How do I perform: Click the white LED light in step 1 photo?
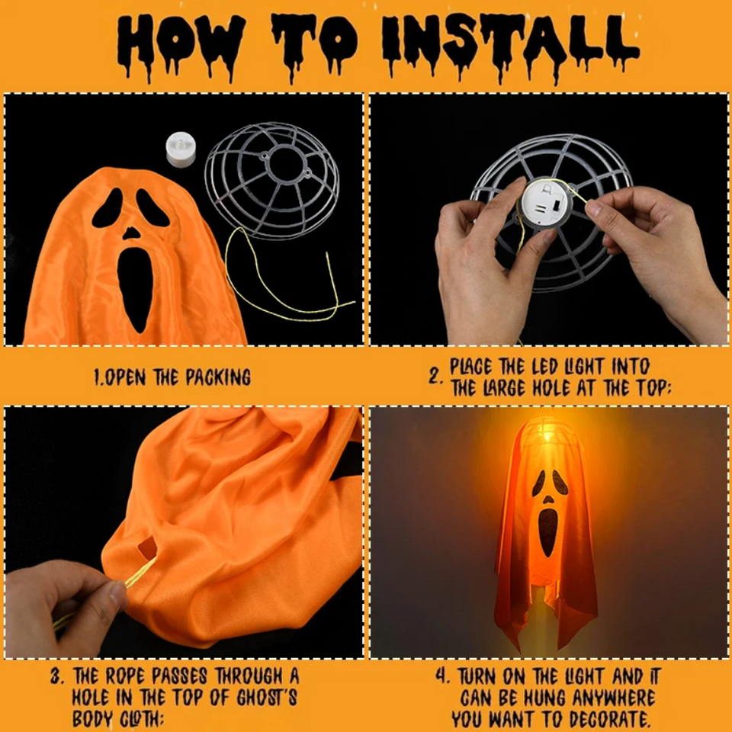tap(181, 148)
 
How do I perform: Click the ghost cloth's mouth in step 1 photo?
tap(133, 287)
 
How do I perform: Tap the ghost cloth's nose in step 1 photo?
tap(132, 233)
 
